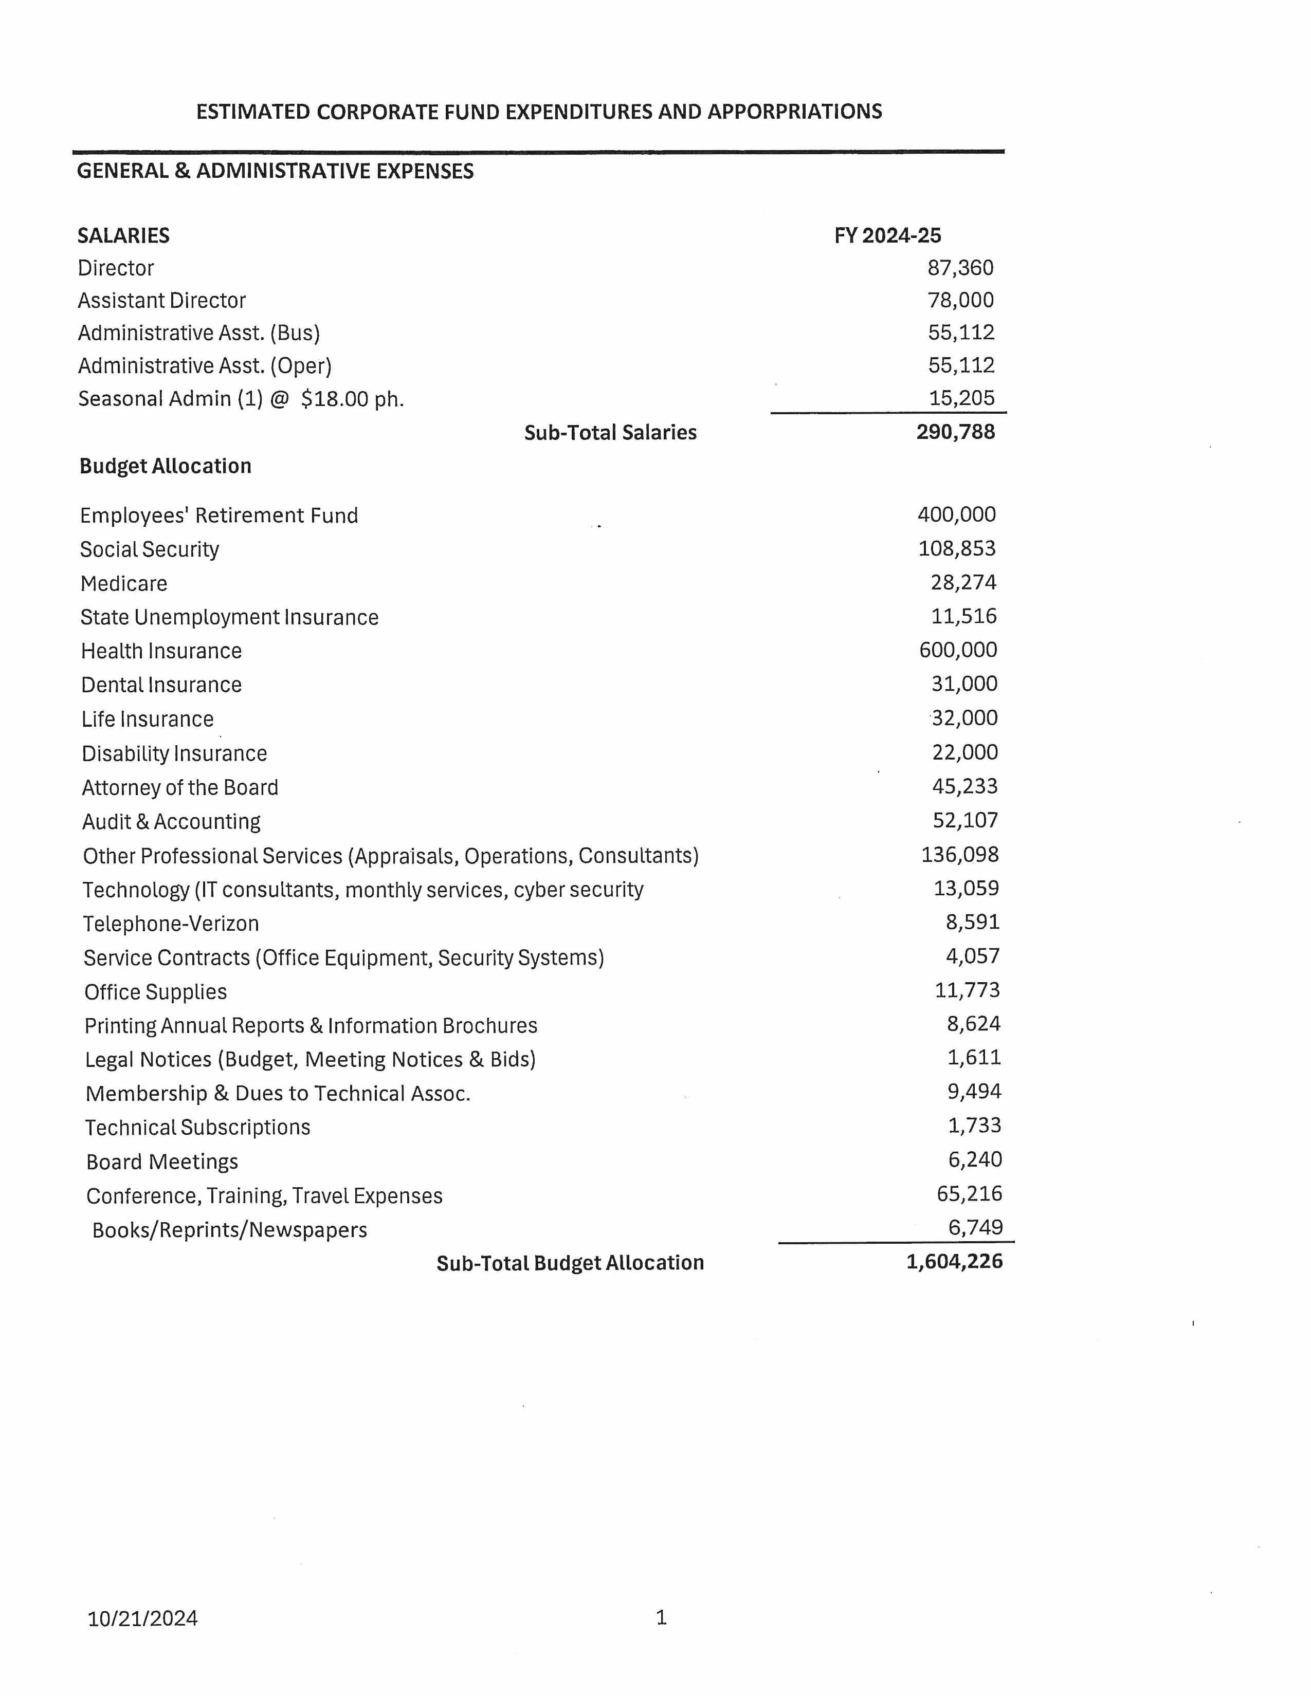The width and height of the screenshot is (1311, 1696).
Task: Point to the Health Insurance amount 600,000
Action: click(x=958, y=650)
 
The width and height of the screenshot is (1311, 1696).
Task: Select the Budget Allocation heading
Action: click(x=166, y=466)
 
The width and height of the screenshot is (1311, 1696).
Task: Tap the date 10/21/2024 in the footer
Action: click(x=143, y=1618)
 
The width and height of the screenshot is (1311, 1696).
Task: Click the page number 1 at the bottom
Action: click(x=661, y=1617)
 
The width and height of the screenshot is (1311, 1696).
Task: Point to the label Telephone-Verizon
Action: click(x=171, y=924)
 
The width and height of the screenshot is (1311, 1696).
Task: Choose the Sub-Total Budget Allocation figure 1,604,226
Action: click(x=955, y=1261)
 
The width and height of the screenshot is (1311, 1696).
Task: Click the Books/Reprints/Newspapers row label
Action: click(x=229, y=1230)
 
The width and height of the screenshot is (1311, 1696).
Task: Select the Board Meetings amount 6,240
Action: click(x=975, y=1159)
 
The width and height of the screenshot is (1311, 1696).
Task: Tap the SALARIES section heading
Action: click(x=123, y=235)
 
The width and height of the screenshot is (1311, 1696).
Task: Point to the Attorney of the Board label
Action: click(x=180, y=787)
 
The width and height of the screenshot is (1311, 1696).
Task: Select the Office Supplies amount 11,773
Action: click(x=967, y=990)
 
